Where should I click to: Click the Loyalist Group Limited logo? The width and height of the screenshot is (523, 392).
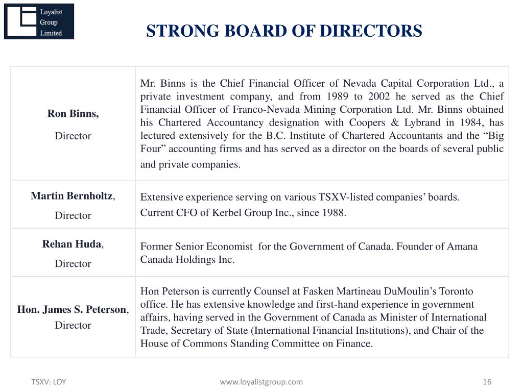click(39, 21)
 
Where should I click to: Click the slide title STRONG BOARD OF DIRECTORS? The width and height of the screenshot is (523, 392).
click(284, 31)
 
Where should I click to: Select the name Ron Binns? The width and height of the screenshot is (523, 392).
click(73, 114)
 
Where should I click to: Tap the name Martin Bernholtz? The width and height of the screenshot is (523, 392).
click(72, 196)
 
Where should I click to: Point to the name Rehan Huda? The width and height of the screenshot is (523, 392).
click(72, 244)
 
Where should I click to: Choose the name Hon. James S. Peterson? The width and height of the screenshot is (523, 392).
click(72, 309)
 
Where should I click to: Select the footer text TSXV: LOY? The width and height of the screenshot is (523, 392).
click(49, 382)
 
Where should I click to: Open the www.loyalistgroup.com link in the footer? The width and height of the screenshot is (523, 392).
click(261, 382)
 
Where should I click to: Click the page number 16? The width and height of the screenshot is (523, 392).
click(487, 382)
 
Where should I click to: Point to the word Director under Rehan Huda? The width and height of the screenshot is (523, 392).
click(73, 263)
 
